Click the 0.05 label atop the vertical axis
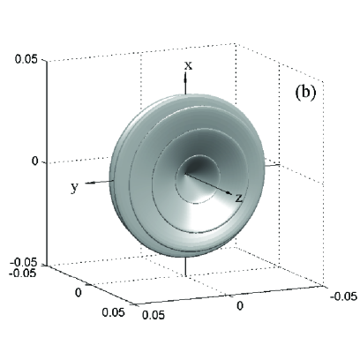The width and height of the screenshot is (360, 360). [26, 60]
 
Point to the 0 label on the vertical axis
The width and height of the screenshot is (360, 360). [35, 161]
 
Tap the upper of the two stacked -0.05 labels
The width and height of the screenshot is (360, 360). [25, 262]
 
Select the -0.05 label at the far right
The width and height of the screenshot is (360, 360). [343, 296]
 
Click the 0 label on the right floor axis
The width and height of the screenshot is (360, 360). [240, 306]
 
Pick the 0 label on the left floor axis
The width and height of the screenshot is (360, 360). [78, 292]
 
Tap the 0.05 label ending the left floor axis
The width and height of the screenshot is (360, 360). [113, 312]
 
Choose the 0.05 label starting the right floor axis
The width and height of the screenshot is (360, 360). [154, 315]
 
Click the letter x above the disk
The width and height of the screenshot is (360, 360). [188, 65]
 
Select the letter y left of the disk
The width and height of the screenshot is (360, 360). [75, 187]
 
